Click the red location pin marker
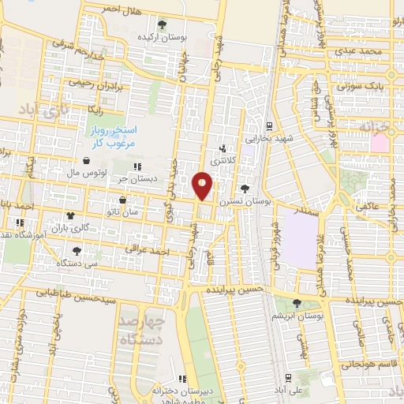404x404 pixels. pos(203,185)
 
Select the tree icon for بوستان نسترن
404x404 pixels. pos(244,189)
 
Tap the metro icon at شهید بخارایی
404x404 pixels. pos(270,125)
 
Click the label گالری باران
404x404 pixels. pos(89,228)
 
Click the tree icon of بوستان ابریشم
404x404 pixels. pos(297,302)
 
